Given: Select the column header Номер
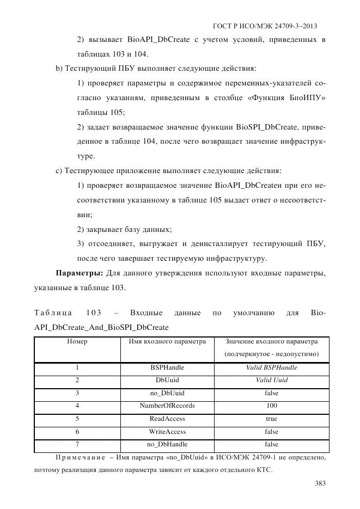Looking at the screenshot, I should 77,342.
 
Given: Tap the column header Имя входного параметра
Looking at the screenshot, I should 167,342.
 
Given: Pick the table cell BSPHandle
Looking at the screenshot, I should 167,367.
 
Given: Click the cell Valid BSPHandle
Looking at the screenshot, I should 271,367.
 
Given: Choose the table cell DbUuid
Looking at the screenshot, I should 167,380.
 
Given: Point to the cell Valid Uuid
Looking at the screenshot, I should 271,380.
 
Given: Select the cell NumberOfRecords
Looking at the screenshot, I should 167,406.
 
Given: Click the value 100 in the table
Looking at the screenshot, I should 271,406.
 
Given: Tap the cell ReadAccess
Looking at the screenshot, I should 167,419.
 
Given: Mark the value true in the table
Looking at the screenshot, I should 271,419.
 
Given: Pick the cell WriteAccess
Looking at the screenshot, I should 167,432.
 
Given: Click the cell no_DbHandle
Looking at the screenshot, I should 167,445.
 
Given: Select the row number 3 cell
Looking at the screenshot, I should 77,393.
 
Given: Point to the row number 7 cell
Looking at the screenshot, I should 77,445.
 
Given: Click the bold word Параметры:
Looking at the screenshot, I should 80,273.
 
